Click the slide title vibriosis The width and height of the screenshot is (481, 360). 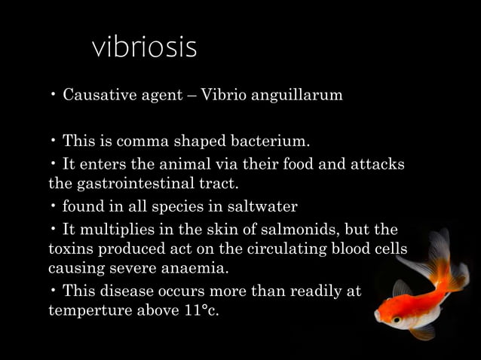tap(144, 47)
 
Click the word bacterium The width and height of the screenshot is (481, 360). tap(272, 141)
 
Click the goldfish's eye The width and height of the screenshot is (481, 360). tap(396, 319)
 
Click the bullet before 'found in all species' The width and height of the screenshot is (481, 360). tap(54, 206)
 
